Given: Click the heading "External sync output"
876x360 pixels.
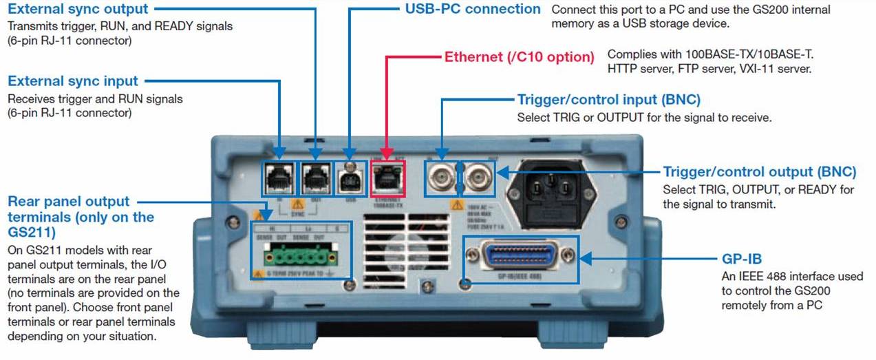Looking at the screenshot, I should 77,9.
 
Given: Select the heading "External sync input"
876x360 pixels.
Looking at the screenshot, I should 73,81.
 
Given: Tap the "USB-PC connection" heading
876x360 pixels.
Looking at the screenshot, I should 473,9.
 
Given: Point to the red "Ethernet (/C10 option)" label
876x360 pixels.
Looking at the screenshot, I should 520,56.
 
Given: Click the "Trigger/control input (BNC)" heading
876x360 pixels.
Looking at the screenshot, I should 608,100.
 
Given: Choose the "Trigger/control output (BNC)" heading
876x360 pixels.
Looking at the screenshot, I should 759,171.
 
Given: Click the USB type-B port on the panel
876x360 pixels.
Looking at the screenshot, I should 350,179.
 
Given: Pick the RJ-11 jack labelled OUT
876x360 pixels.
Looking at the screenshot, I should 316,178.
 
